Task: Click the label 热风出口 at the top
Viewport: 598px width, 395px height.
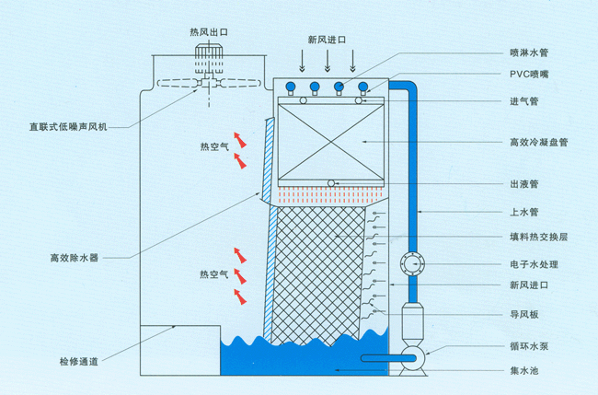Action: coord(209,32)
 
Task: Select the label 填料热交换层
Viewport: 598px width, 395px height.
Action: coord(538,237)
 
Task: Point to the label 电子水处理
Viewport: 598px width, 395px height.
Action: coord(535,264)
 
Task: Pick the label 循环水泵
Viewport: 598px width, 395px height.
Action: coord(531,347)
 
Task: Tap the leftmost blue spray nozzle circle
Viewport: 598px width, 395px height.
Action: coord(291,88)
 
